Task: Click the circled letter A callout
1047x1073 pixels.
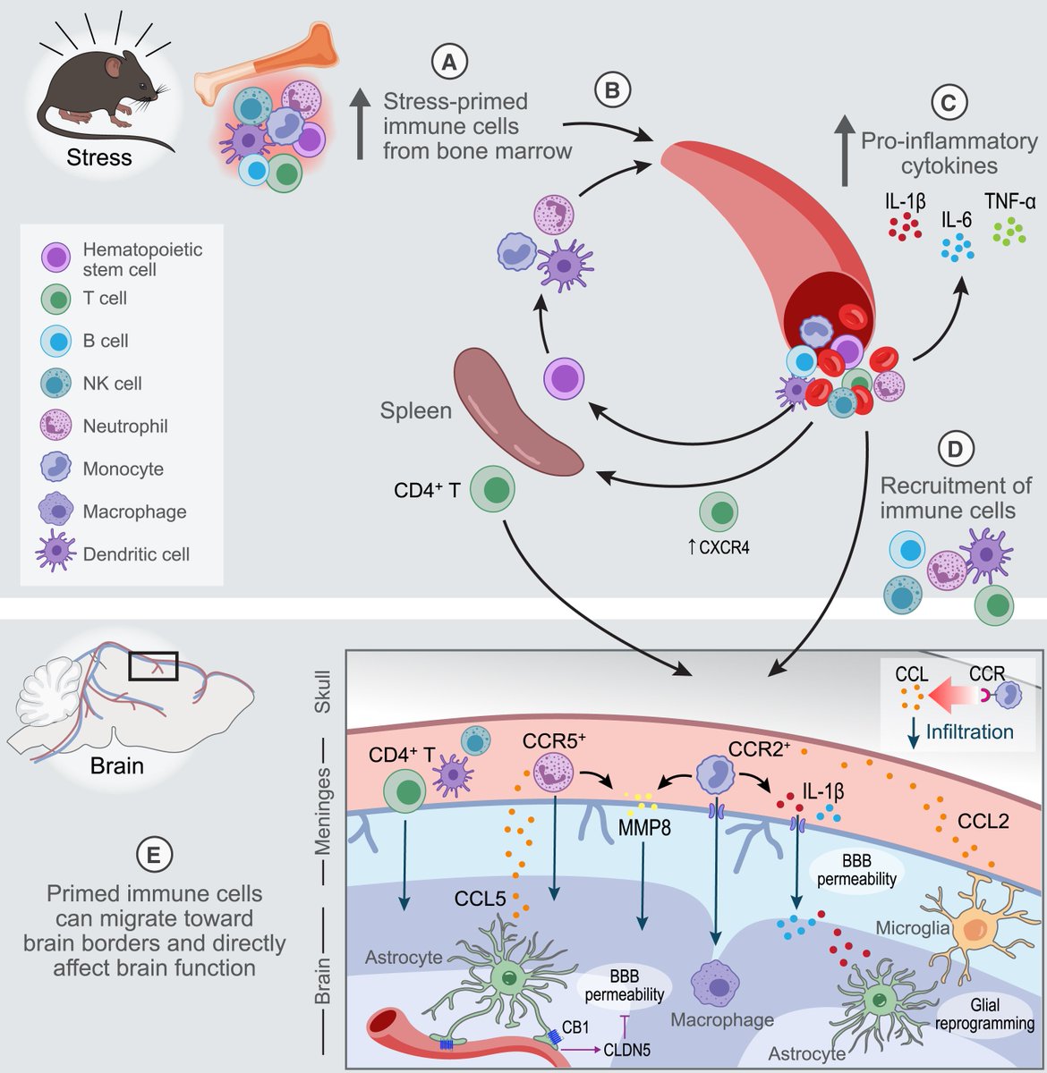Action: point(449,61)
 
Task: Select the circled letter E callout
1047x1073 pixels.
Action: point(153,855)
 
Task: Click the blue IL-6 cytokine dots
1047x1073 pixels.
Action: point(958,246)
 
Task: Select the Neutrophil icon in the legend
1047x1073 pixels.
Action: point(56,426)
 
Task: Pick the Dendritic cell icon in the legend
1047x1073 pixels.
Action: point(56,553)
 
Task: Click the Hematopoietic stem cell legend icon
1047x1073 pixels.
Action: point(56,258)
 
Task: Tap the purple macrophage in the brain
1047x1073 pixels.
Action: point(715,984)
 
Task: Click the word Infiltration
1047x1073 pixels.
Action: point(969,731)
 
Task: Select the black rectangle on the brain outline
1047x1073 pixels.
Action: point(153,666)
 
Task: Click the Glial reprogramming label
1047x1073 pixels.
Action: point(984,1014)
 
